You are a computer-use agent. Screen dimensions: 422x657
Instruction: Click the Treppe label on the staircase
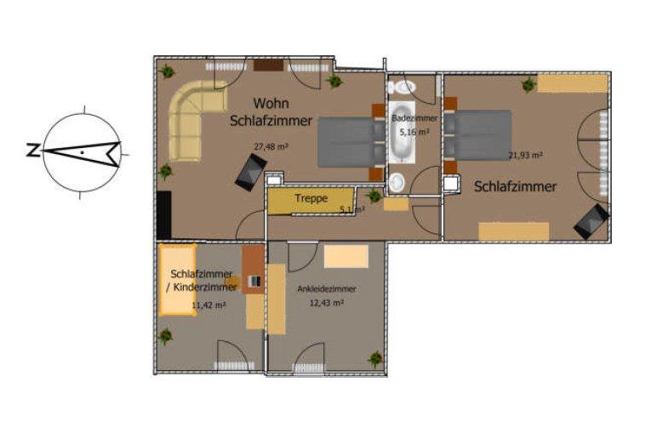point(311,198)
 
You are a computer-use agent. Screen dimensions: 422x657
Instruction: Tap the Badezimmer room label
point(414,118)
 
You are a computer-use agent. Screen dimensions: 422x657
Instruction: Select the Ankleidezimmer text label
point(327,289)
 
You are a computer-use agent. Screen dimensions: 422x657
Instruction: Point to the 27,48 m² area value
point(271,146)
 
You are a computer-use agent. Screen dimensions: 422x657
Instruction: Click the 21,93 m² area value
point(525,155)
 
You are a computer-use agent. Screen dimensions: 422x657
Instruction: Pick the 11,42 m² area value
point(208,305)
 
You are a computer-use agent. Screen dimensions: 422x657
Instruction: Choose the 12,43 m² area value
point(327,303)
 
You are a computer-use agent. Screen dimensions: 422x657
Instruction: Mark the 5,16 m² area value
point(414,133)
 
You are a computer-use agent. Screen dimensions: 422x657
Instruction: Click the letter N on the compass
point(31,151)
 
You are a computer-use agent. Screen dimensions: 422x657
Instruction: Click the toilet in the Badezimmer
point(400,87)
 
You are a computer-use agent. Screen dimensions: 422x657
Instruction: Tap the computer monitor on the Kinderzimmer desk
point(253,281)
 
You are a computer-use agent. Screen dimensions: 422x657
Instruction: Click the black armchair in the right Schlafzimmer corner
point(590,221)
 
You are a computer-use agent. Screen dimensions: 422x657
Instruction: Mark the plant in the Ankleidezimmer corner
point(371,358)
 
